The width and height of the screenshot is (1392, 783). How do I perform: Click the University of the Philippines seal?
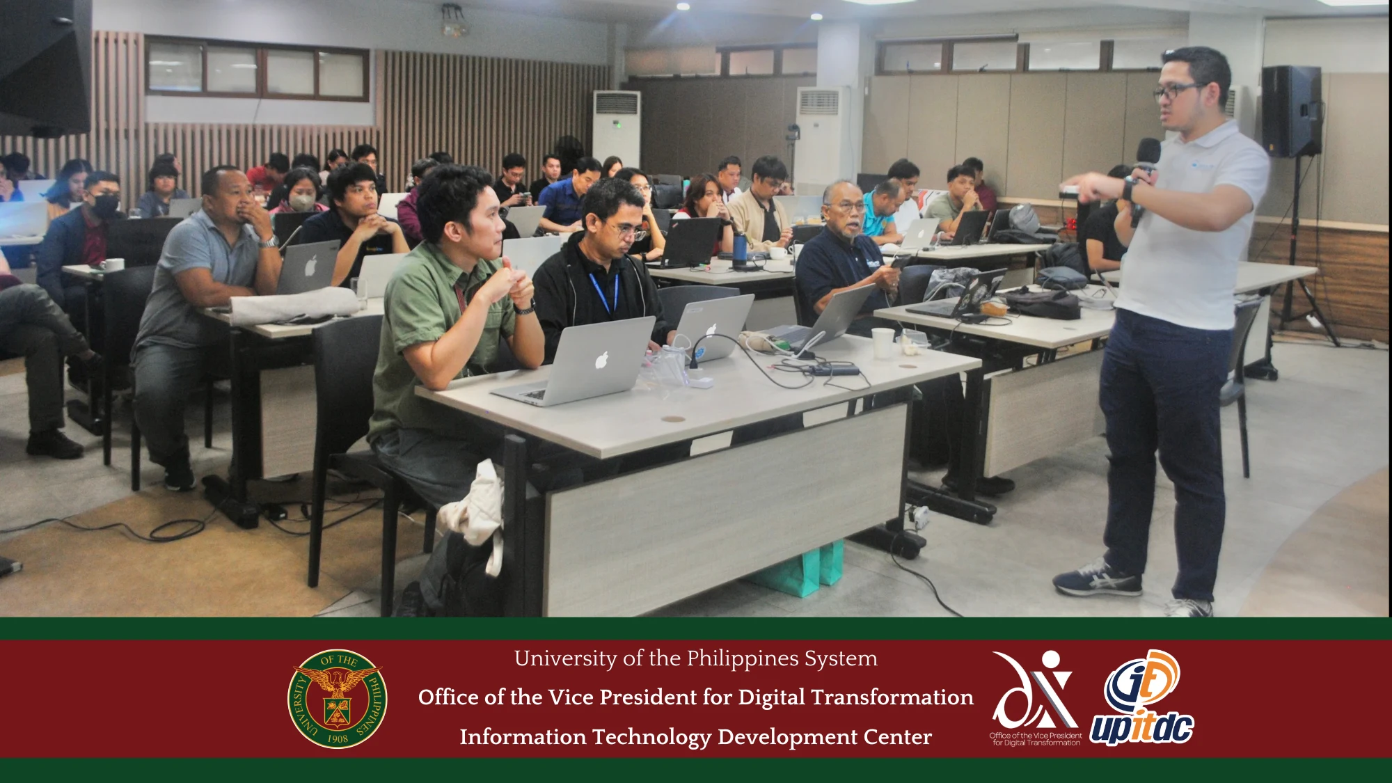click(x=338, y=699)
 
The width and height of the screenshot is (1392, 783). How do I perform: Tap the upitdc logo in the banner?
click(x=1142, y=698)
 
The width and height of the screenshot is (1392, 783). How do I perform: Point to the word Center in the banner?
click(x=897, y=737)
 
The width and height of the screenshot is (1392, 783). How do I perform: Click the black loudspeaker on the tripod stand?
click(x=1291, y=111)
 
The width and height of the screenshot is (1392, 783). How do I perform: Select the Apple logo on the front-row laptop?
click(x=602, y=360)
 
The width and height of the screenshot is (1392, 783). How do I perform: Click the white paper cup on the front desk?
click(x=883, y=342)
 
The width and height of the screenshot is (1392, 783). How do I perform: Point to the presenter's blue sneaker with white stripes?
click(x=1097, y=579)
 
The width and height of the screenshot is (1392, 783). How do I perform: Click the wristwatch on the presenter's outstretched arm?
click(x=1129, y=189)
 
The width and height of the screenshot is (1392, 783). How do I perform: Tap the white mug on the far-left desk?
click(x=113, y=264)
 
